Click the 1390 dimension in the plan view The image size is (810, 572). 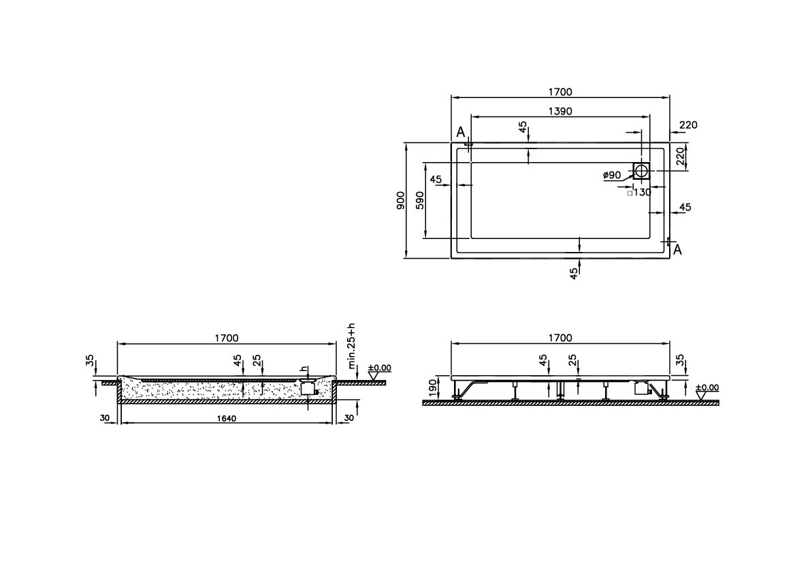(559, 110)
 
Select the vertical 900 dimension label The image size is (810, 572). (401, 200)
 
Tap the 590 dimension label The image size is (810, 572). (420, 200)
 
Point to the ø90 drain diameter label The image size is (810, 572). (611, 175)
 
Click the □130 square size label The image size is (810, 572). (639, 193)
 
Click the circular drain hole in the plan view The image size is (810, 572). (641, 171)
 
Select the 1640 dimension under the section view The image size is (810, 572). (227, 418)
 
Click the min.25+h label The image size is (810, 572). (351, 345)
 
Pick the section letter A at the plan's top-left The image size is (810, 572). (460, 131)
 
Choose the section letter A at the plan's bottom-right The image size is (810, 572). (677, 251)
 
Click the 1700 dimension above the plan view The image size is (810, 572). (559, 91)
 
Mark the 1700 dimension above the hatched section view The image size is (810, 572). (227, 338)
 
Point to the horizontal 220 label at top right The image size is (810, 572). (688, 125)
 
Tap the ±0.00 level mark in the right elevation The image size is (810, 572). (707, 387)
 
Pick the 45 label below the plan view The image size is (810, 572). (574, 274)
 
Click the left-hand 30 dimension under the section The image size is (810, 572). (106, 418)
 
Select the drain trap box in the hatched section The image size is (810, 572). (308, 388)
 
